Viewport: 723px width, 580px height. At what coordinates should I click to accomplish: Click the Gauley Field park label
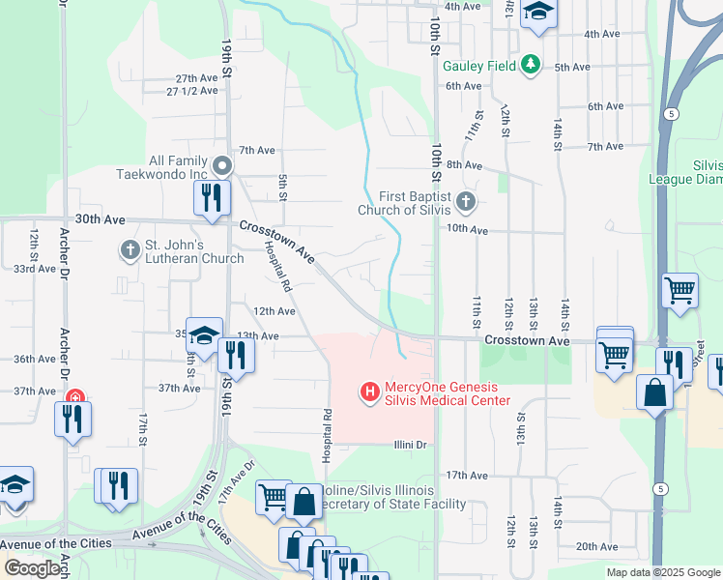click(x=479, y=66)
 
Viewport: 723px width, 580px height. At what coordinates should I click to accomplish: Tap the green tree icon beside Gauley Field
click(x=530, y=65)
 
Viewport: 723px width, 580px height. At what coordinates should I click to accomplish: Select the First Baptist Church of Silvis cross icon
click(x=466, y=202)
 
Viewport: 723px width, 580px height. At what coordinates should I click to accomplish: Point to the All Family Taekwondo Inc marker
click(x=222, y=166)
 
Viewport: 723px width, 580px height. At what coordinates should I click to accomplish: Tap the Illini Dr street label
click(x=410, y=445)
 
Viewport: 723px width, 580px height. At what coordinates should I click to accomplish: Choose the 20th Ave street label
click(x=596, y=546)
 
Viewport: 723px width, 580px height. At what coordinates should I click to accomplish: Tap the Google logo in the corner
click(x=31, y=568)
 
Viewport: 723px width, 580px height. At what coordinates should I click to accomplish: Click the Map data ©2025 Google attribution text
click(x=662, y=572)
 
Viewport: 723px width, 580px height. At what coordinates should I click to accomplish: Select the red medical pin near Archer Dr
click(x=74, y=397)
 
